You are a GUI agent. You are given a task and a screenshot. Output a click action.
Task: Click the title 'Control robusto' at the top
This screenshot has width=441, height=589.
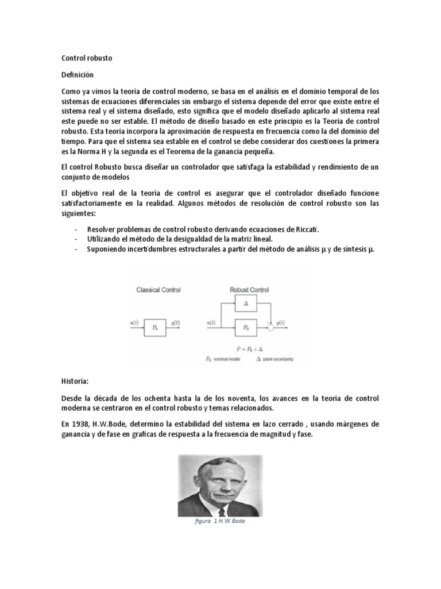(87, 59)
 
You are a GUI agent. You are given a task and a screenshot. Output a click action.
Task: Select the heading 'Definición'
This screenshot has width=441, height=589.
(77, 75)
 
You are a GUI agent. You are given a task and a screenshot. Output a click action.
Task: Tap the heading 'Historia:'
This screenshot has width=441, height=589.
(76, 381)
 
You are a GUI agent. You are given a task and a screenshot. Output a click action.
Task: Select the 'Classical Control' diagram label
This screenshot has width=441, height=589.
(158, 290)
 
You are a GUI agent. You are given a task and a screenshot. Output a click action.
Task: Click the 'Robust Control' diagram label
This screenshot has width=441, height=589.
(249, 290)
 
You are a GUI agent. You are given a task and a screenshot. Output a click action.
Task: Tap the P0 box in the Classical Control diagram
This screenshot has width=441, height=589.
(155, 326)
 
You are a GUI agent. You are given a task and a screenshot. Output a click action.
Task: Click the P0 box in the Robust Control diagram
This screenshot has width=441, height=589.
(246, 326)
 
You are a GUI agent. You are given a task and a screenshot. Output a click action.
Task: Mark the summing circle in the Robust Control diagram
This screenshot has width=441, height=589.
(271, 327)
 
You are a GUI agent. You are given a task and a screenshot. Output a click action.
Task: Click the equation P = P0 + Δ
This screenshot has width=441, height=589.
(251, 349)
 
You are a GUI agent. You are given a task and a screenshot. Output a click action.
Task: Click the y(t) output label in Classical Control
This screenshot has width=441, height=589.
(174, 323)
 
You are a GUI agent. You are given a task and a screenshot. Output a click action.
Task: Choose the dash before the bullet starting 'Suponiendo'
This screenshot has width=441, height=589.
(76, 249)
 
